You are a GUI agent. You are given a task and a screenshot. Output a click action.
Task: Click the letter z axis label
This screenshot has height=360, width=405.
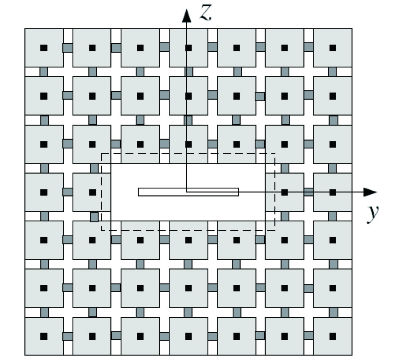click(206, 13)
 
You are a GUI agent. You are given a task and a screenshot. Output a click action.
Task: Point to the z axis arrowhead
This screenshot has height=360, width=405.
click(186, 15)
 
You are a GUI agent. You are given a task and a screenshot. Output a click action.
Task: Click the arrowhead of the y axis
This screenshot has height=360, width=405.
click(370, 192)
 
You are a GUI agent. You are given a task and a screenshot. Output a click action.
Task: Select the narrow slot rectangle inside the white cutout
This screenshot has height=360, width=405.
click(188, 192)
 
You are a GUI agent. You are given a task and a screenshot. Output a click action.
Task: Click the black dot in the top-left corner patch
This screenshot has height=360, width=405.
click(44, 48)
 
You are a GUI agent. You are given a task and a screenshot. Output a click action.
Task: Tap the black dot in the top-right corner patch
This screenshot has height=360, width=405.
click(333, 48)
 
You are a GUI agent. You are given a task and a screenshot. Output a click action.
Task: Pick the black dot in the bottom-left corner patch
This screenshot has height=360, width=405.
click(44, 337)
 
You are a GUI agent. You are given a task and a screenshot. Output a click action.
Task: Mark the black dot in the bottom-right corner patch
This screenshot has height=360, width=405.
click(333, 337)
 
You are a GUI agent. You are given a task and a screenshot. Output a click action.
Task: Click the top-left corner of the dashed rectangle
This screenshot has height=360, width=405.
click(102, 153)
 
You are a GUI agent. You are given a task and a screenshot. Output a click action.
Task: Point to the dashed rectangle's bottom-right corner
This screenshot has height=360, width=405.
click(275, 230)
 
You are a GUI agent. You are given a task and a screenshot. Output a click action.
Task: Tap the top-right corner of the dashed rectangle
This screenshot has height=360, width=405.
click(275, 153)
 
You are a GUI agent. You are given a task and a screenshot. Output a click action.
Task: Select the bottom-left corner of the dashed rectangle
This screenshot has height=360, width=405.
click(102, 230)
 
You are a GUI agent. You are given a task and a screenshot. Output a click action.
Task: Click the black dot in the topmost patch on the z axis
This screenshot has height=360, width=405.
click(189, 48)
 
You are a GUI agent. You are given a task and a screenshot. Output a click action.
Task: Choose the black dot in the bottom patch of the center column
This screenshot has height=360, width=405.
click(189, 337)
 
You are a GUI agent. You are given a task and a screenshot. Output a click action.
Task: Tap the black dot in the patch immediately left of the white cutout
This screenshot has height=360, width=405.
click(92, 192)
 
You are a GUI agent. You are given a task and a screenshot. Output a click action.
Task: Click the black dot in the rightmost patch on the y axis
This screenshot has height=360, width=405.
click(333, 192)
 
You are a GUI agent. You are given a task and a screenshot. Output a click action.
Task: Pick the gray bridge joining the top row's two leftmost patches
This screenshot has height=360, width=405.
click(68, 48)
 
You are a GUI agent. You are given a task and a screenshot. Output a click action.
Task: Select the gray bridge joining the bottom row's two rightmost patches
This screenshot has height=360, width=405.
click(308, 336)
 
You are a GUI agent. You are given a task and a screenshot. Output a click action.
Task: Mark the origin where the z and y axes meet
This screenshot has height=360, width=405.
click(186, 192)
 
